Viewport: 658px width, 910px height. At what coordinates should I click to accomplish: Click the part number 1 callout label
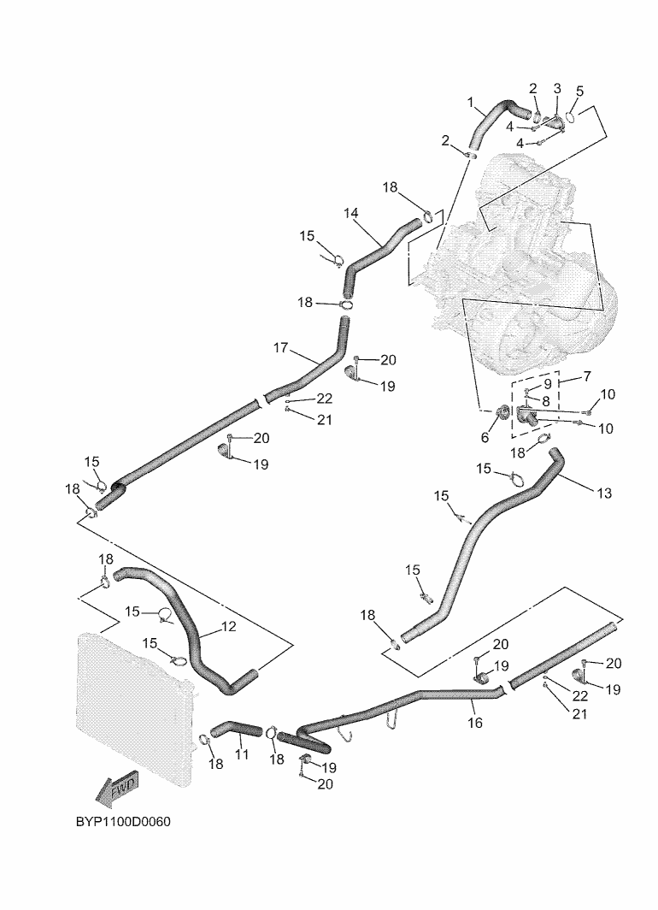[471, 103]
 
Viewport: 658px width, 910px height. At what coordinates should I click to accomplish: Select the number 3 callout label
[557, 88]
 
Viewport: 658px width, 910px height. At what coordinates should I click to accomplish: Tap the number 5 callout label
[580, 91]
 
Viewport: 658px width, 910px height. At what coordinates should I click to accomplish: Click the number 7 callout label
[587, 377]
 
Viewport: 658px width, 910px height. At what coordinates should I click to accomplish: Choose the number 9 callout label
[548, 384]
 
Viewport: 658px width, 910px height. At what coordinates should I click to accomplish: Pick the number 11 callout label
[242, 755]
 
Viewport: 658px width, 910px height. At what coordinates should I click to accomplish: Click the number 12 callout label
[228, 626]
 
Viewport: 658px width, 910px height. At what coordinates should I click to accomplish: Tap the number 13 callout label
[605, 493]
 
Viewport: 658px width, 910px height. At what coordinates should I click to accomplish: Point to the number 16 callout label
[475, 724]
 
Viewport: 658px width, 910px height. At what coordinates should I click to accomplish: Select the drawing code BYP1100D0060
[123, 823]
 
